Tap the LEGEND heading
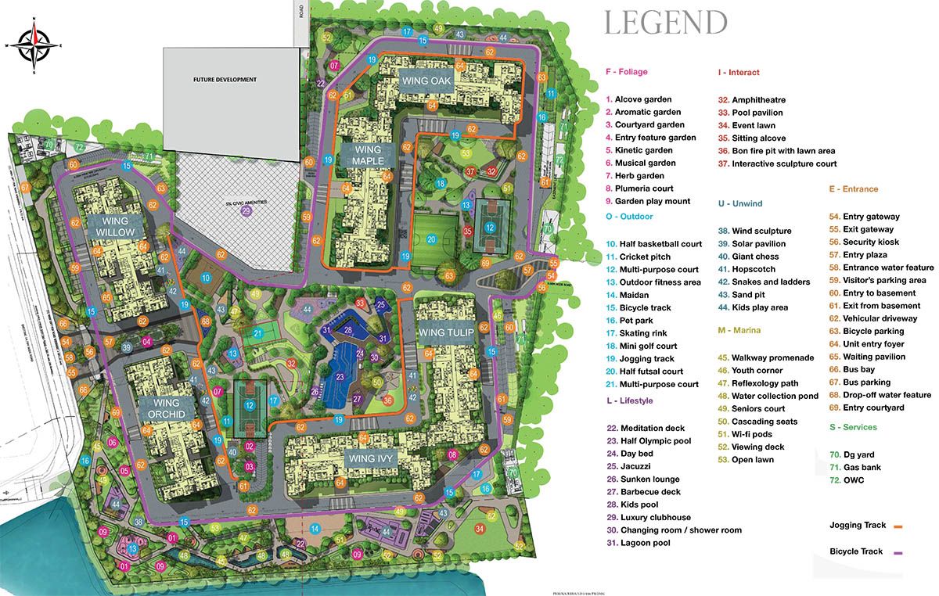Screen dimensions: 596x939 tap(665, 23)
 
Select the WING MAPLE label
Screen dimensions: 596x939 tap(367, 155)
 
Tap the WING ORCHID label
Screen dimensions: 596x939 tap(164, 408)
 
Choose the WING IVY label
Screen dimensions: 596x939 tap(374, 458)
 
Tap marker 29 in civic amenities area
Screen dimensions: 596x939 tap(247, 211)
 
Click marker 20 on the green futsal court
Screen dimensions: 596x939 tap(431, 239)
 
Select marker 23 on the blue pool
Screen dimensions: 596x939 tap(340, 377)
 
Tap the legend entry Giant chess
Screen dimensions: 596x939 tap(754, 257)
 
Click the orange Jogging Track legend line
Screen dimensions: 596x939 tap(898, 526)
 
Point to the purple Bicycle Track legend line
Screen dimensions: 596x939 tap(898, 553)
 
